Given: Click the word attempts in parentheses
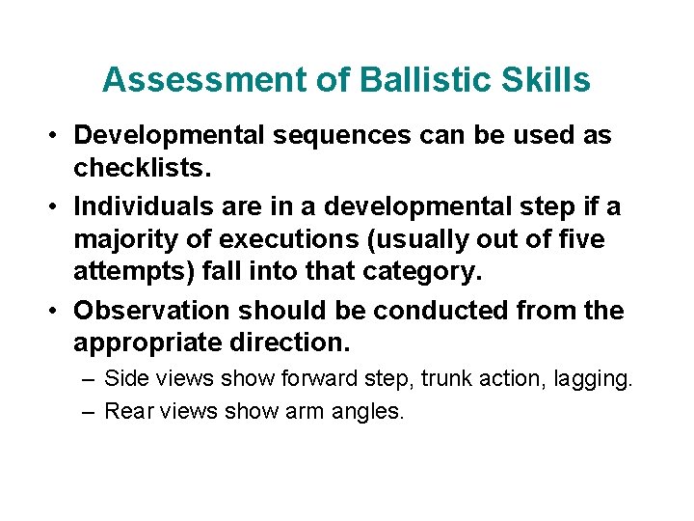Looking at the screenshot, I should (x=127, y=272).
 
